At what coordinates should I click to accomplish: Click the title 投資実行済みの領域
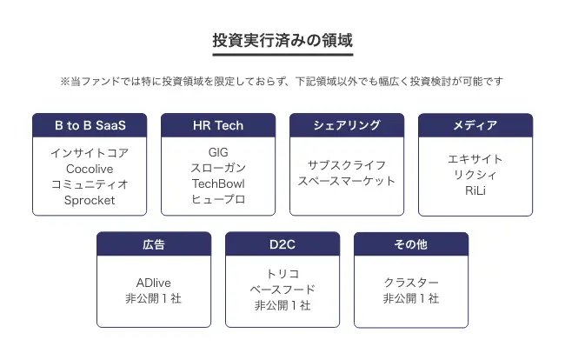(282, 40)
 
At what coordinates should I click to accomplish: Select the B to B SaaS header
(90, 125)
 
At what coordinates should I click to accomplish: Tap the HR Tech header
(218, 125)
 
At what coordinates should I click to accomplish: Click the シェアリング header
(347, 125)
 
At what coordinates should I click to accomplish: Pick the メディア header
(475, 125)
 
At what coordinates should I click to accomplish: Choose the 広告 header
(154, 244)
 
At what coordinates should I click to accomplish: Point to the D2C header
(282, 244)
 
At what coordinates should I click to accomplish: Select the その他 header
(411, 244)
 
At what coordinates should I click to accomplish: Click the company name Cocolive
(90, 169)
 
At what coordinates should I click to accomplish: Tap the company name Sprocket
(90, 200)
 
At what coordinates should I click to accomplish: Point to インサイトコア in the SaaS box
(90, 153)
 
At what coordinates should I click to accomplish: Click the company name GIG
(218, 152)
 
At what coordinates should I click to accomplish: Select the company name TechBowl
(218, 183)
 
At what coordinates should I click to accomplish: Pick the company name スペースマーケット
(347, 181)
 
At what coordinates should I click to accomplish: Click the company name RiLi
(475, 190)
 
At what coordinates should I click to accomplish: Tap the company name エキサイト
(475, 159)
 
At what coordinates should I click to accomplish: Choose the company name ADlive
(154, 283)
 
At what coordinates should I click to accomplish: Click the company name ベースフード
(282, 290)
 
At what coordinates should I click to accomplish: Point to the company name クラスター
(411, 283)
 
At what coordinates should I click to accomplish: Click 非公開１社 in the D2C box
(282, 305)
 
